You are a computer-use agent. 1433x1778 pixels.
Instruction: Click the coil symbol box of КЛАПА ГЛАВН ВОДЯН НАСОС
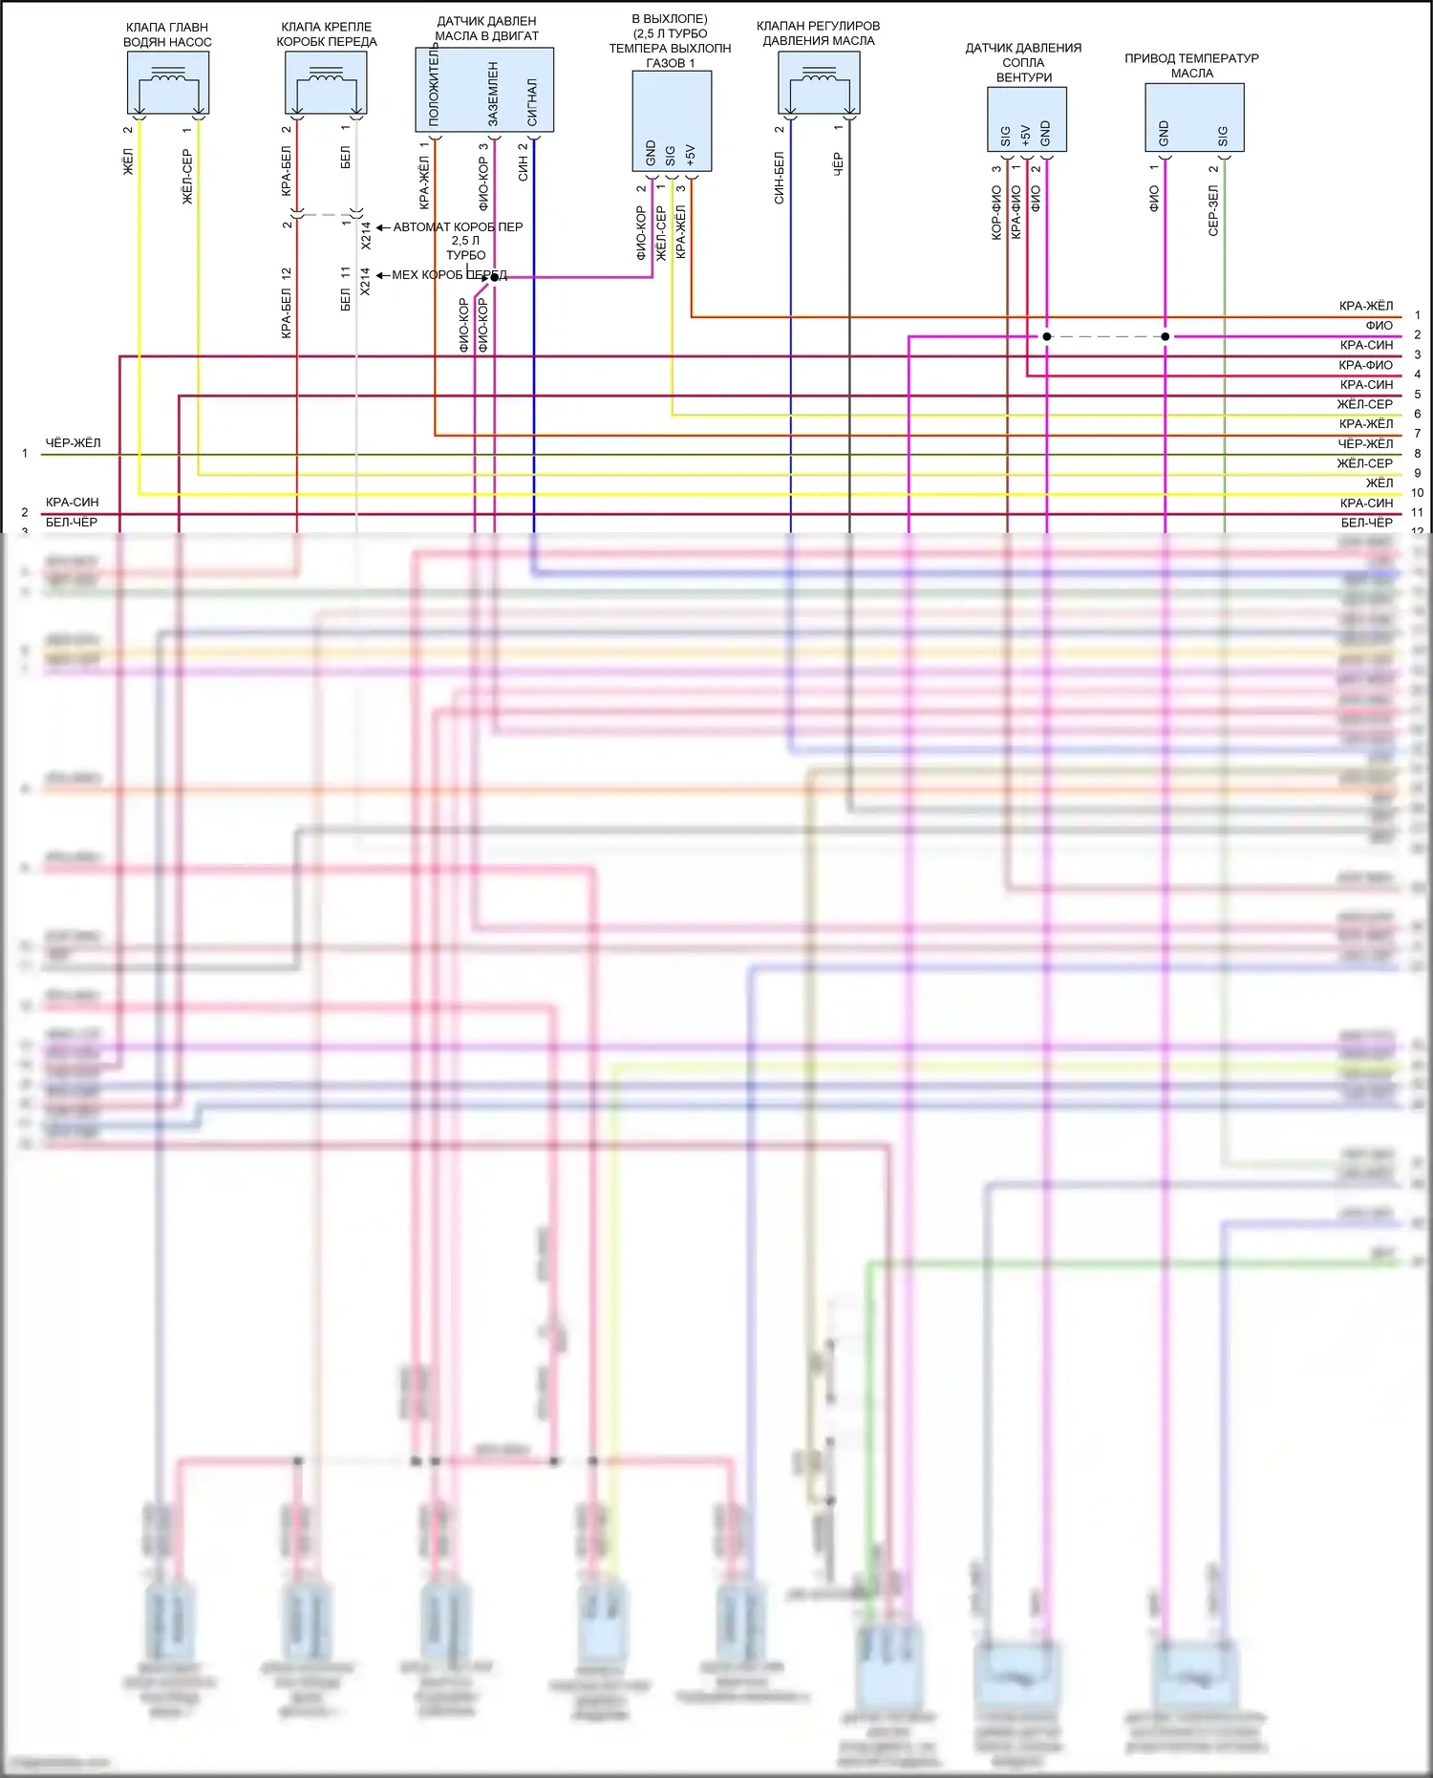point(168,83)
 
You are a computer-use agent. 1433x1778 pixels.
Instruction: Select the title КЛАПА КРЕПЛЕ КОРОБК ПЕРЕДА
point(327,34)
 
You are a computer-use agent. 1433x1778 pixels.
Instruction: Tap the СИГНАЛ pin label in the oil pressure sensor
point(532,102)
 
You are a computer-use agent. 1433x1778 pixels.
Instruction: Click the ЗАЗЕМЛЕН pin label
point(493,94)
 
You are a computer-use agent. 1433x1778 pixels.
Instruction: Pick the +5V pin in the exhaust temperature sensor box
point(691,155)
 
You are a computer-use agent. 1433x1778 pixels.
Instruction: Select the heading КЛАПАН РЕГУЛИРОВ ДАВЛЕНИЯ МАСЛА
point(819,33)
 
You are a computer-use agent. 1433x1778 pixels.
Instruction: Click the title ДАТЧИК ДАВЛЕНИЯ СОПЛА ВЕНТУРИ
point(1023,62)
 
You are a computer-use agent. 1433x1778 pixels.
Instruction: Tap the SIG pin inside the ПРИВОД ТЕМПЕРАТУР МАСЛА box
point(1223,137)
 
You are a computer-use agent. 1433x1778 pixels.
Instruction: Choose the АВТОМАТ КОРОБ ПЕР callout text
point(458,227)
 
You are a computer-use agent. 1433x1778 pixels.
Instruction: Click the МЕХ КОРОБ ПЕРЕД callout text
point(449,275)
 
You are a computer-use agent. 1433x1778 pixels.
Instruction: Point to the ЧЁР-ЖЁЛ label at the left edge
point(73,443)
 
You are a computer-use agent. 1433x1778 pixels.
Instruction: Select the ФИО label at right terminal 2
point(1379,326)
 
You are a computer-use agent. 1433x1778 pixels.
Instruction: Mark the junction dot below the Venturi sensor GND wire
point(1047,336)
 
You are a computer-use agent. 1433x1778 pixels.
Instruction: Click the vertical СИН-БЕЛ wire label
point(780,178)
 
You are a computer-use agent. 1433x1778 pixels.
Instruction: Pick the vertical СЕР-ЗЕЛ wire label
point(1213,210)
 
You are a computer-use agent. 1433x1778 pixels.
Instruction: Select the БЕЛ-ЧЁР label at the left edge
point(72,523)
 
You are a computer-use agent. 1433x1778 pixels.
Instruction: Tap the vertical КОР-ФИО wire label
point(996,212)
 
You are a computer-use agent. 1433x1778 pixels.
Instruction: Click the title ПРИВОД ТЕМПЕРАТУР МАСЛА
point(1191,66)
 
